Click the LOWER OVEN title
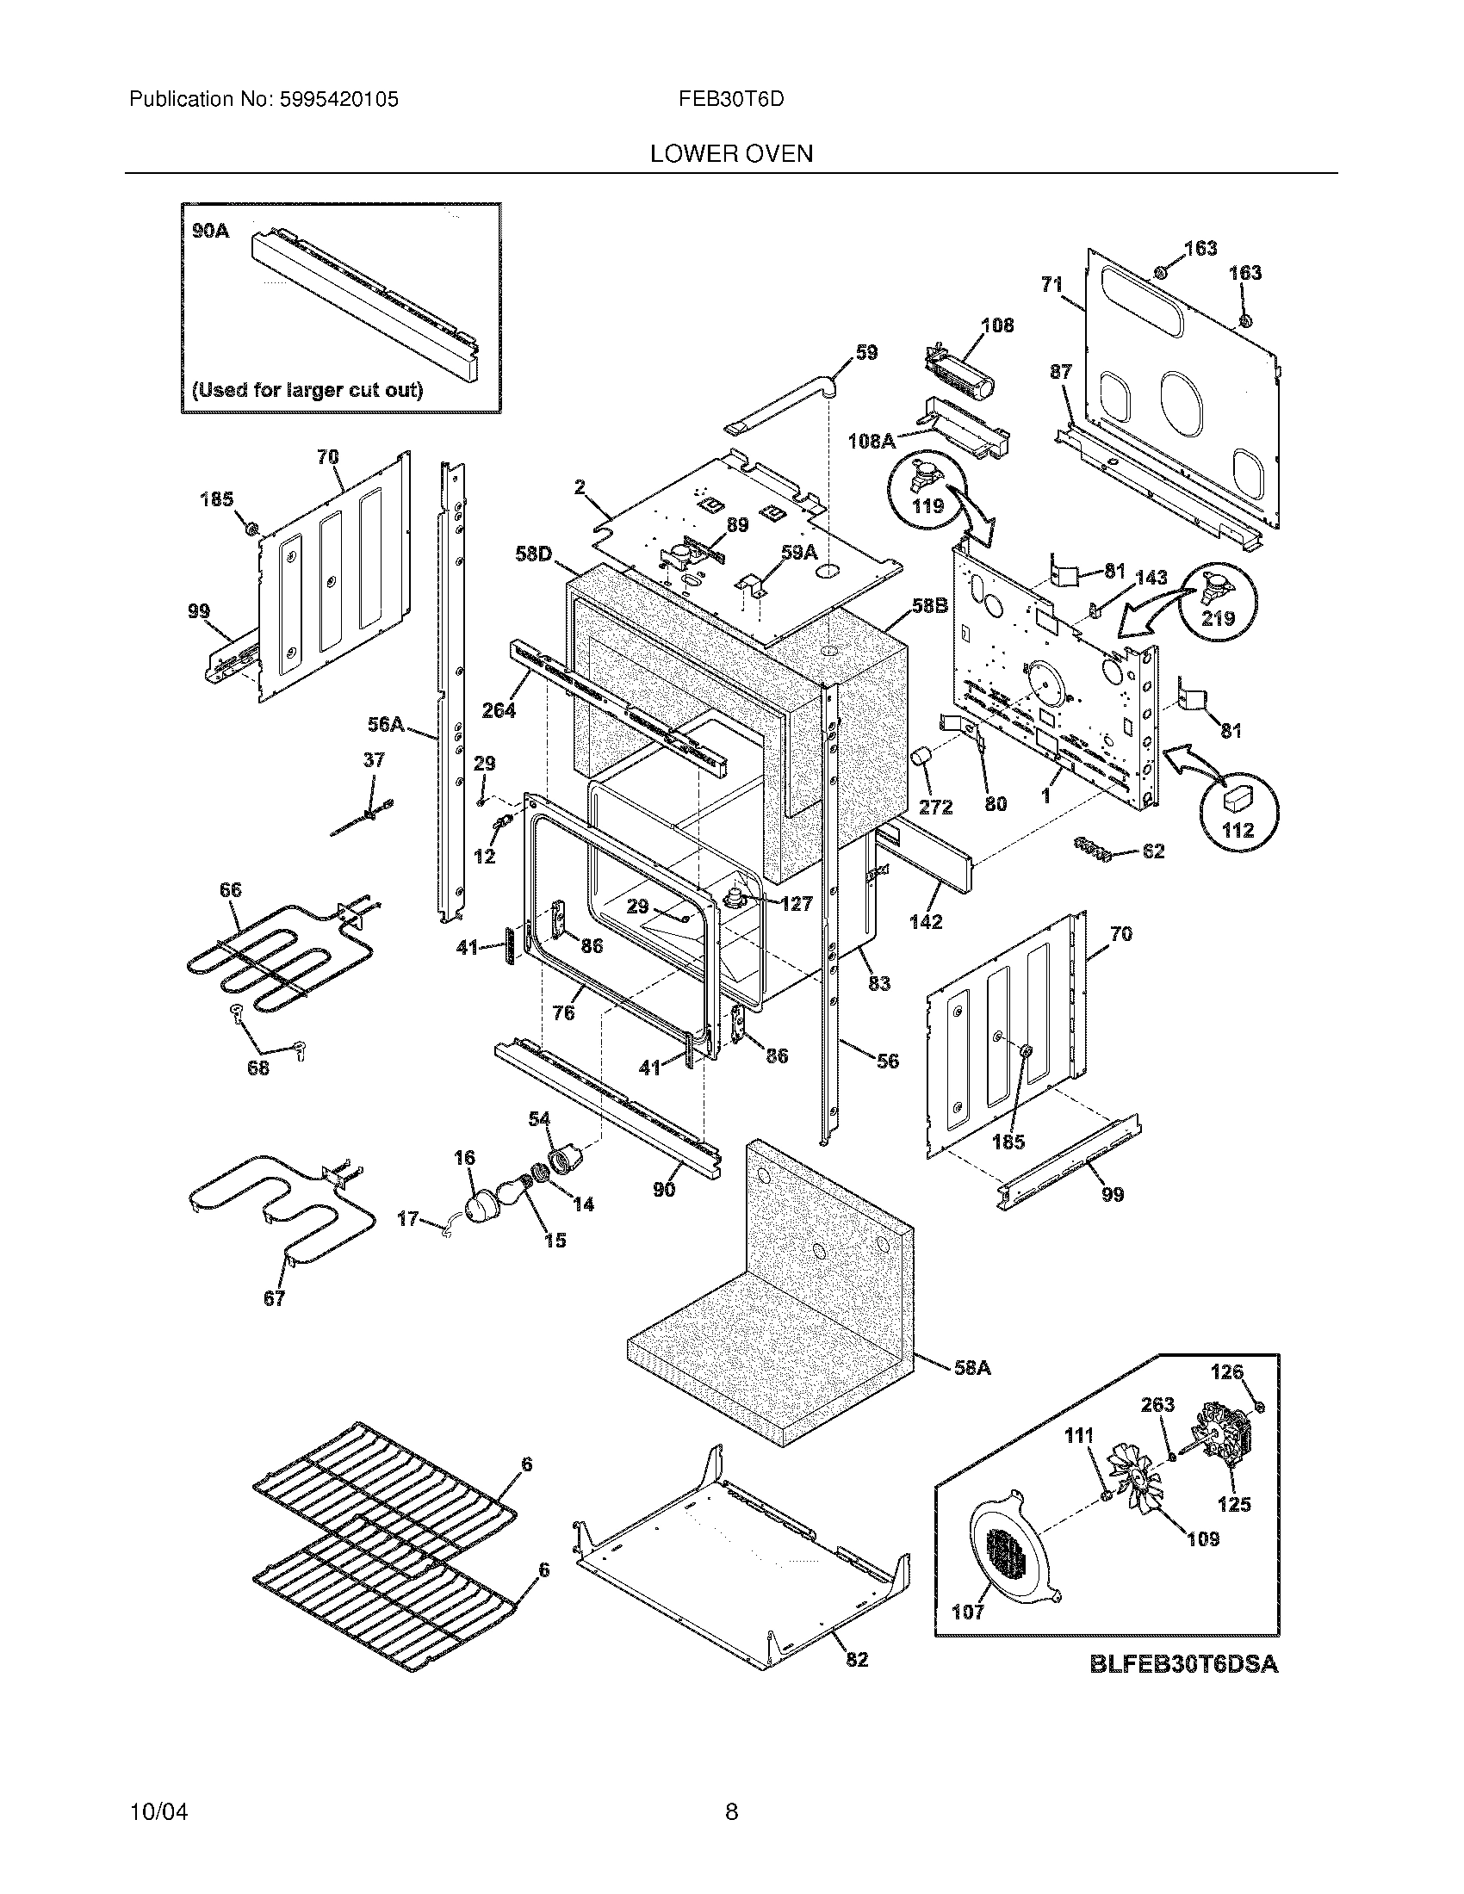click(731, 153)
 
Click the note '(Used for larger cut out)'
click(308, 389)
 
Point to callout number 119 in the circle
click(928, 505)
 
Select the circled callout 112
click(1238, 830)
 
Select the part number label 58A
click(971, 1368)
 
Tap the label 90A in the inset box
click(211, 231)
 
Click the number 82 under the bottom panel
click(856, 1659)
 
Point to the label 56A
click(386, 724)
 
